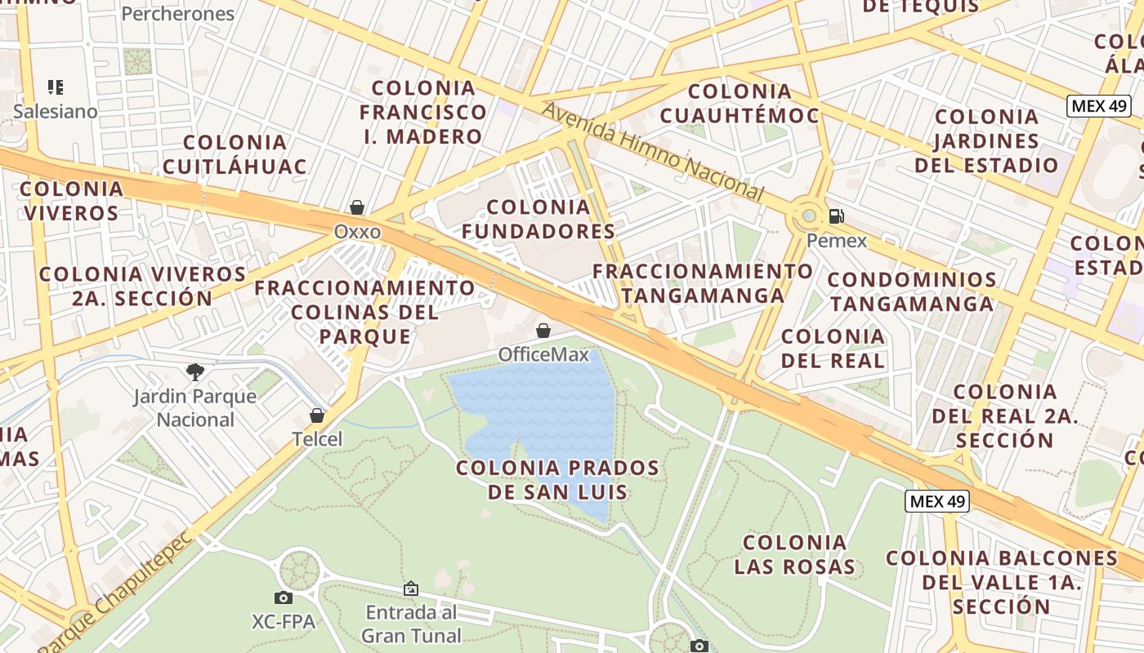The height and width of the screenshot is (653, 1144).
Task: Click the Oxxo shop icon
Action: point(357,207)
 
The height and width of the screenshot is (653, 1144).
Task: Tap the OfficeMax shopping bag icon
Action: point(543,331)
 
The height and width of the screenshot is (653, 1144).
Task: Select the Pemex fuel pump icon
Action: point(836,216)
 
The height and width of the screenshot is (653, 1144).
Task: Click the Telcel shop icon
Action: point(317,415)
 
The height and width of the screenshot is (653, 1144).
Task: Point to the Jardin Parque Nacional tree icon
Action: point(195,373)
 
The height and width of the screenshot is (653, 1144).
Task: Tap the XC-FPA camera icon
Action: point(284,597)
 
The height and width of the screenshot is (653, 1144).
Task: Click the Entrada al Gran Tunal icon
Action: point(411,588)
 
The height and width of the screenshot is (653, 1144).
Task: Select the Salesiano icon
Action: point(55,87)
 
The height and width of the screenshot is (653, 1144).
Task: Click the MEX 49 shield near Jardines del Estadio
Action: point(1098,106)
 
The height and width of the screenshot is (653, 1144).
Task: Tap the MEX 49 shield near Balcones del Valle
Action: point(936,501)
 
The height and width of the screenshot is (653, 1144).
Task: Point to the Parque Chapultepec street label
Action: point(114,593)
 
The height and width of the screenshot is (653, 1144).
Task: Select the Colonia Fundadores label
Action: point(538,220)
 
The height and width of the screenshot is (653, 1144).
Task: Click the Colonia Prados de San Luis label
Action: point(557,480)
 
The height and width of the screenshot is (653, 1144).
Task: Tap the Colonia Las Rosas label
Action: point(794,554)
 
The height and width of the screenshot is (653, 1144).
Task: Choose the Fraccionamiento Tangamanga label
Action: point(703,282)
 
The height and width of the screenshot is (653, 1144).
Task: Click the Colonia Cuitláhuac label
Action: point(235,154)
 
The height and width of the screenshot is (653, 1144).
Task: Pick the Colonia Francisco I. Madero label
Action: point(422,112)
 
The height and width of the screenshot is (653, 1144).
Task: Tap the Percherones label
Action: point(177,13)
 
